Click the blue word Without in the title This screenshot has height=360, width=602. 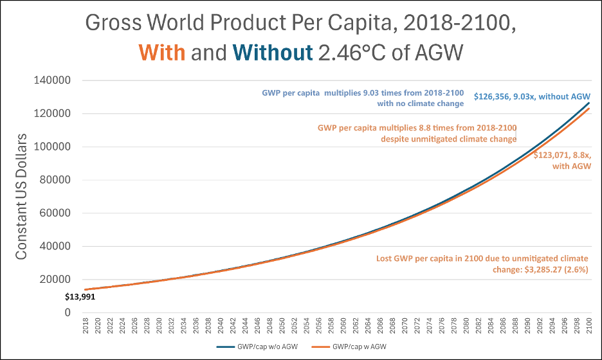tap(272, 52)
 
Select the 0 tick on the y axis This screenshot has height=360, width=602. tap(66, 313)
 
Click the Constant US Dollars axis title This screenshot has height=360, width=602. tap(22, 197)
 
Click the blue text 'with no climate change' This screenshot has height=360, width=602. tap(420, 103)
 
